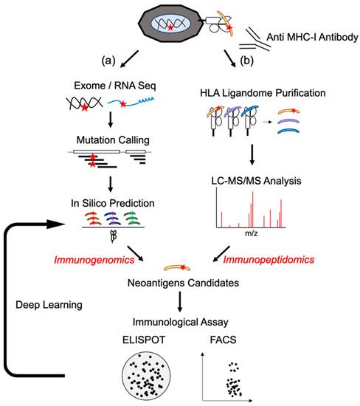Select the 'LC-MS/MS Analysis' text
point(251,180)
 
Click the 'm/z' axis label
point(251,235)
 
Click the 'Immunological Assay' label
point(179,321)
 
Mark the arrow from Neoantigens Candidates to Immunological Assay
point(179,300)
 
